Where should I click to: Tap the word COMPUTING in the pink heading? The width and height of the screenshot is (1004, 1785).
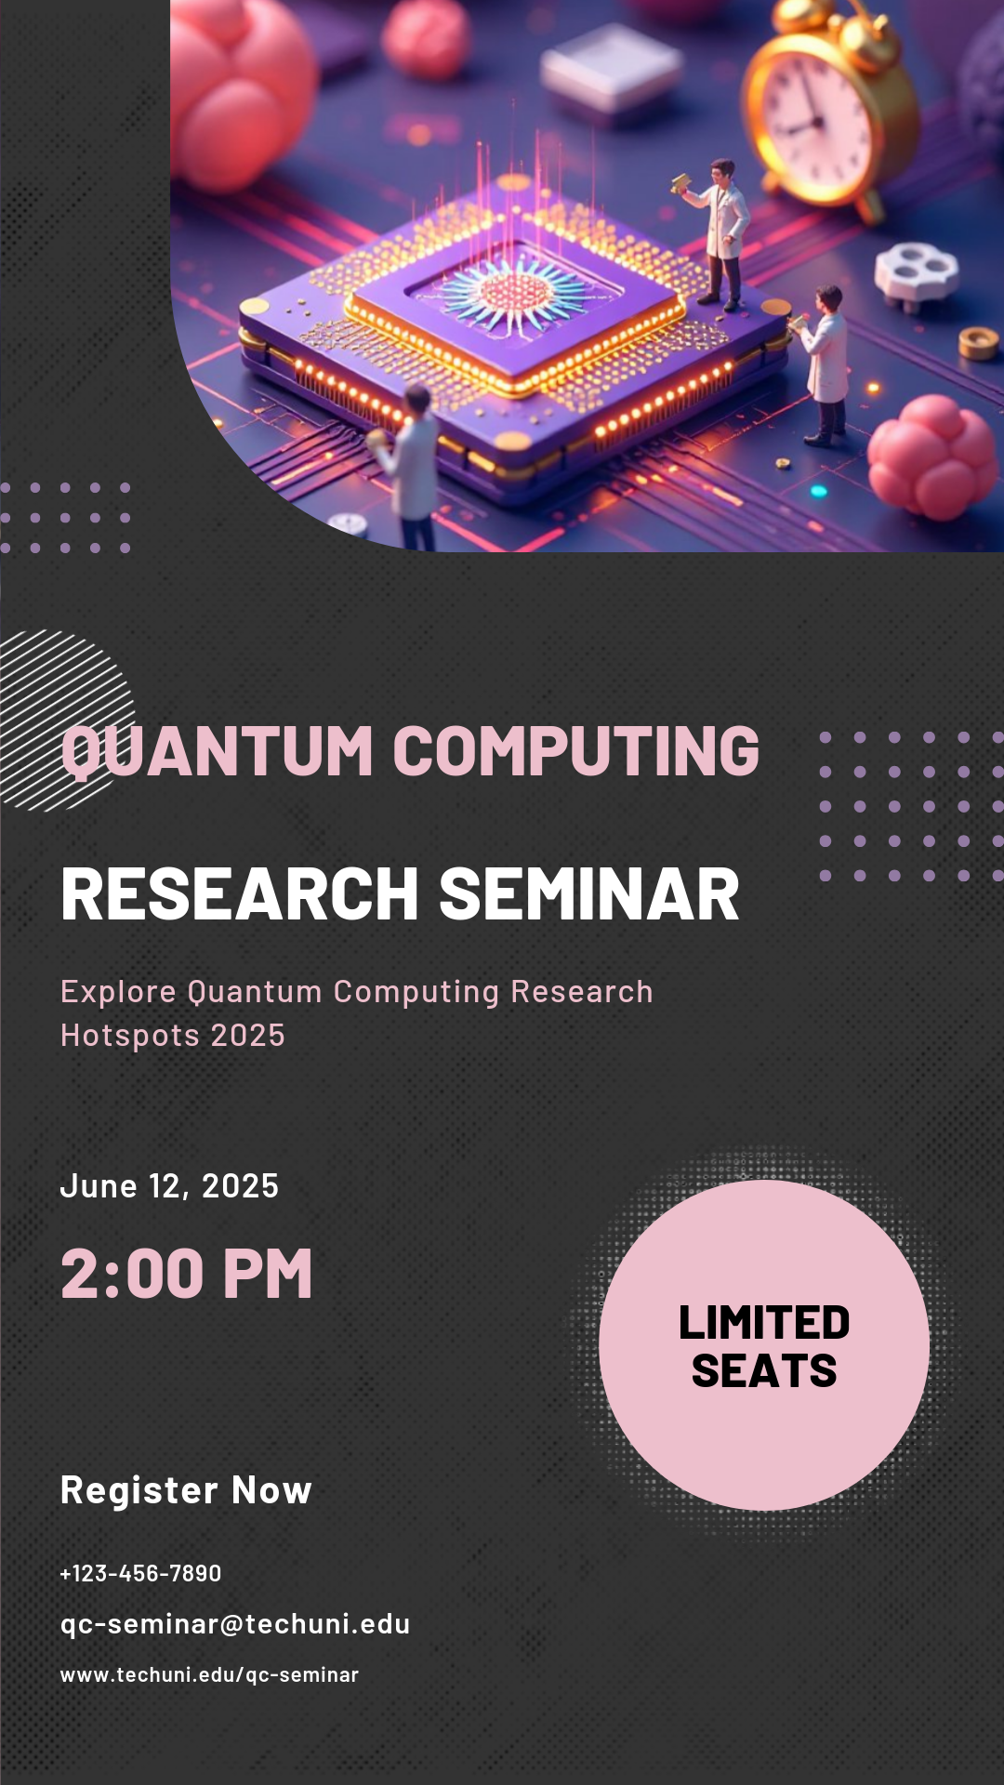576,751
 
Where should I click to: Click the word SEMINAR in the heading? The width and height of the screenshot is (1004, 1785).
588,894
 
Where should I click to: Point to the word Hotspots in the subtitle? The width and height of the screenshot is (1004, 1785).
128,1036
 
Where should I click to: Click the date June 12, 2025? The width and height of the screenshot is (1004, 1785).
169,1186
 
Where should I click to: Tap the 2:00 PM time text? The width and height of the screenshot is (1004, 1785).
186,1274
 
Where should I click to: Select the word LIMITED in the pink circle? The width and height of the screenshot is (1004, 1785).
764,1323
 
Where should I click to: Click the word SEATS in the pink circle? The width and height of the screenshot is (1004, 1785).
764,1371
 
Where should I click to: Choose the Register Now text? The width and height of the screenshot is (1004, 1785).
186,1490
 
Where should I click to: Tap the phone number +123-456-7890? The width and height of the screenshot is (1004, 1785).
140,1573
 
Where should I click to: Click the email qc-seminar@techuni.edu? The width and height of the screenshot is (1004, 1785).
235,1624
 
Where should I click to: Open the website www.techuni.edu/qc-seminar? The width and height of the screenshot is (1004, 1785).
209,1674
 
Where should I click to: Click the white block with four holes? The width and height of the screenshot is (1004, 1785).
916,271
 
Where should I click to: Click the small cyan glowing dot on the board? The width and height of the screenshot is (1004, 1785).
818,491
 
